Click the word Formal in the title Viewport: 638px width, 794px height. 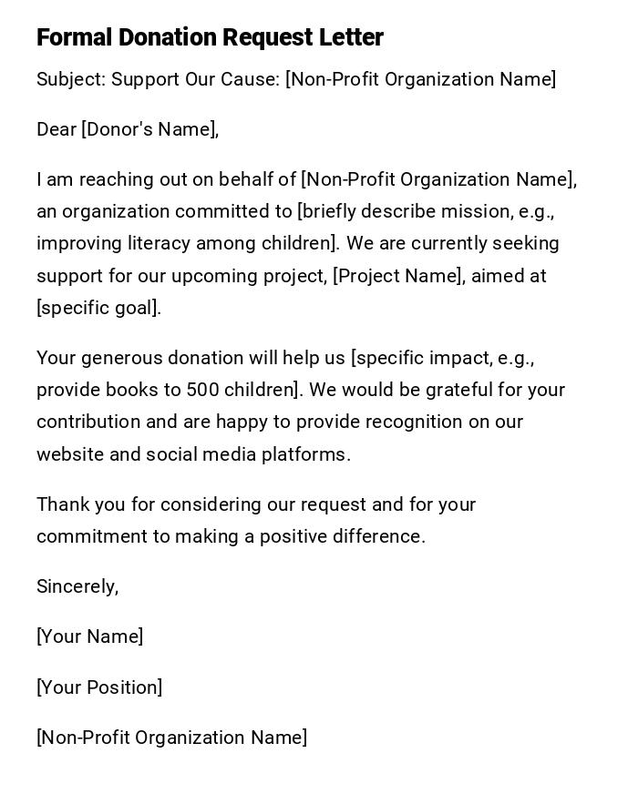pyautogui.click(x=74, y=37)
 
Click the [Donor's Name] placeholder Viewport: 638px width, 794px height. pyautogui.click(x=149, y=129)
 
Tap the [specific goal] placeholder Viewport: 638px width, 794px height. pyautogui.click(x=98, y=308)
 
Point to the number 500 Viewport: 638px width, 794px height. pyautogui.click(x=202, y=390)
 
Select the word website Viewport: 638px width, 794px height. pyautogui.click(x=70, y=454)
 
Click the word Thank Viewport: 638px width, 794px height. pyautogui.click(x=61, y=504)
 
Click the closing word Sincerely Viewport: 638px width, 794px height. pyautogui.click(x=77, y=586)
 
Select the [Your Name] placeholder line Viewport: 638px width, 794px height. pyautogui.click(x=89, y=636)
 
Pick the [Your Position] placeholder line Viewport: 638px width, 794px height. pyautogui.click(x=99, y=687)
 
